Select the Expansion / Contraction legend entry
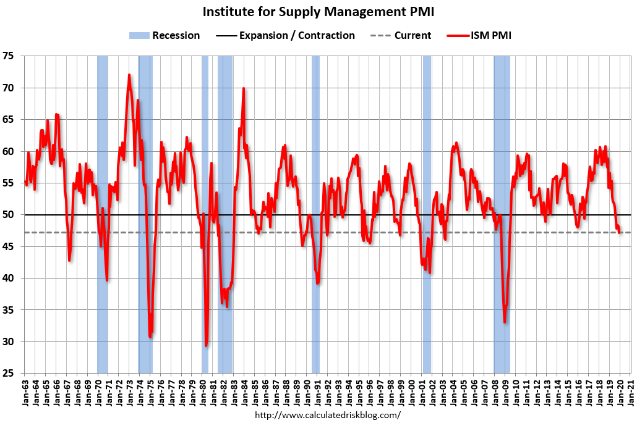pyautogui.click(x=286, y=35)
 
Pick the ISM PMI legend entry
pyautogui.click(x=479, y=35)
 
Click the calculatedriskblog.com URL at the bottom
pyautogui.click(x=328, y=415)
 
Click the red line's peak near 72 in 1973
pyautogui.click(x=129, y=75)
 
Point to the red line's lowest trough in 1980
pyautogui.click(x=206, y=345)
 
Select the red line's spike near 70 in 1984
pyautogui.click(x=244, y=88)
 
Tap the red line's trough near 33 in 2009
pyautogui.click(x=505, y=322)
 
